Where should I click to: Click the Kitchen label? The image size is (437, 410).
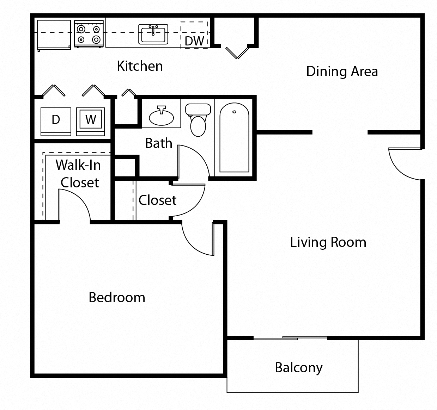click(x=140, y=66)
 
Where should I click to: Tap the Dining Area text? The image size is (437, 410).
click(x=342, y=72)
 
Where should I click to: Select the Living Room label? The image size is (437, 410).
click(x=328, y=242)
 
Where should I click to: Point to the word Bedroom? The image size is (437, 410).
click(x=117, y=297)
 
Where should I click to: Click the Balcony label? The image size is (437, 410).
click(x=299, y=368)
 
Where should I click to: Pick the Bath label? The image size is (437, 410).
click(x=159, y=143)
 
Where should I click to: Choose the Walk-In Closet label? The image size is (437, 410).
click(x=78, y=174)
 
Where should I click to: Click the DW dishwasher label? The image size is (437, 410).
click(x=194, y=41)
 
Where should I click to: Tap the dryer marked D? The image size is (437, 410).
click(x=56, y=122)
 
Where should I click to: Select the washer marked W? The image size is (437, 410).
click(x=90, y=122)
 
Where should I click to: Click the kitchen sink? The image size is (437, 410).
click(x=153, y=34)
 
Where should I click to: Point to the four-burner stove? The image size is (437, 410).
click(x=89, y=34)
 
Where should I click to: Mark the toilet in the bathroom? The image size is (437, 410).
click(x=198, y=120)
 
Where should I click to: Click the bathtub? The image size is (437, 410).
click(x=234, y=137)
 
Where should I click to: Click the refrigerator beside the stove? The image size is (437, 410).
click(x=54, y=35)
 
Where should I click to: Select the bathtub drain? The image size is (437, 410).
click(x=234, y=112)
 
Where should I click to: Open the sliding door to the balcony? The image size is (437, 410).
click(x=290, y=338)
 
